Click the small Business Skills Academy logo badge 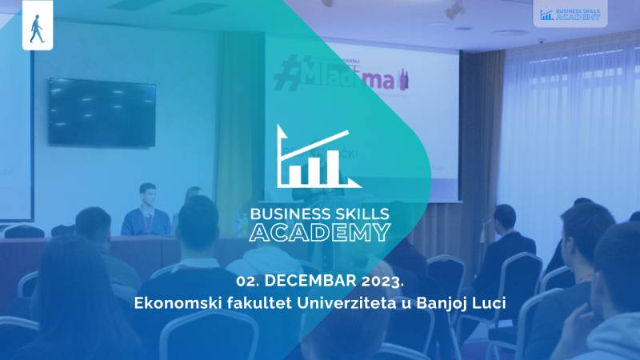pos(569,14)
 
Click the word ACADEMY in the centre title pos(320,232)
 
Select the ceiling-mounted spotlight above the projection pos(454,10)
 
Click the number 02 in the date pos(246,281)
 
